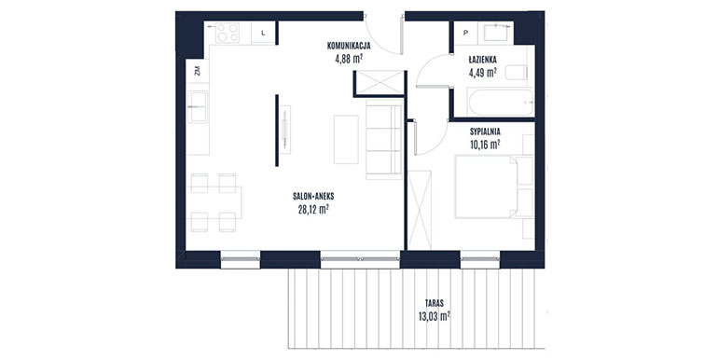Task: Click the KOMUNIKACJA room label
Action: pos(349,46)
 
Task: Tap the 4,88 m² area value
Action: pos(350,58)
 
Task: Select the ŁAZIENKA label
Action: pos(483,60)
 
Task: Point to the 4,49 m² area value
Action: pos(483,72)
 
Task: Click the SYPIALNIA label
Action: pos(485,132)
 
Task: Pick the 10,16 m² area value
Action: pos(485,145)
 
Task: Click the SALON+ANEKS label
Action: pos(313,197)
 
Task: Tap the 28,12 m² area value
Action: pos(313,209)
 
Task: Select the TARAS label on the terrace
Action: pos(435,303)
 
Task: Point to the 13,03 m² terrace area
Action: pos(435,315)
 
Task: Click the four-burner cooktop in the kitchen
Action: pos(228,33)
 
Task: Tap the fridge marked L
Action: pos(263,33)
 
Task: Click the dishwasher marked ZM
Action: pos(198,71)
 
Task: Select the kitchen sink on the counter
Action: pos(199,106)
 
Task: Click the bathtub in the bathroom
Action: pos(501,102)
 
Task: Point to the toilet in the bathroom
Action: pos(516,73)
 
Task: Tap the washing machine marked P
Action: pos(466,33)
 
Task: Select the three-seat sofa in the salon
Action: pos(384,139)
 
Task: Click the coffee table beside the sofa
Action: pos(346,139)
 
